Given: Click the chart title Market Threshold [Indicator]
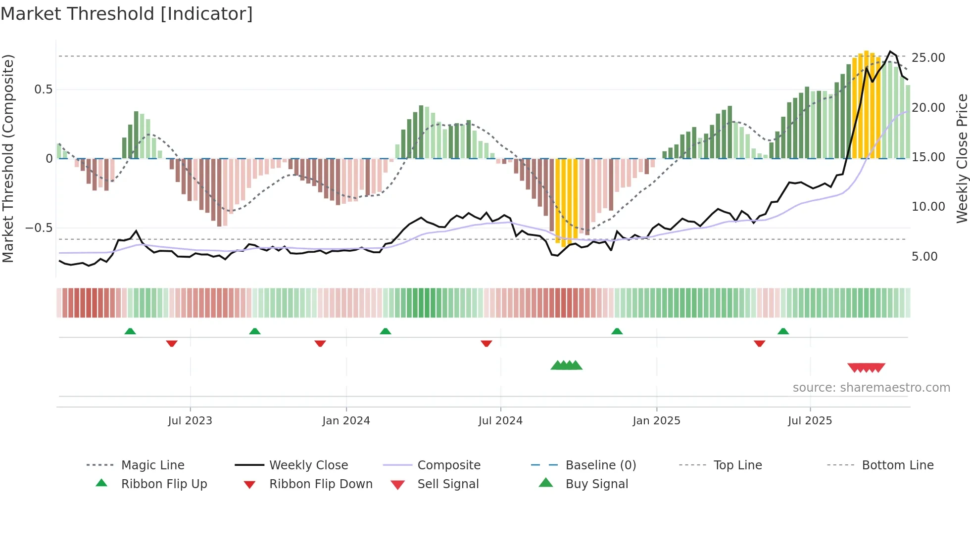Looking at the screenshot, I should tap(127, 14).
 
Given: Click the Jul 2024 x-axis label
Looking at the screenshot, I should tap(500, 421).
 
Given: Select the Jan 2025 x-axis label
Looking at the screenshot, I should tap(656, 421).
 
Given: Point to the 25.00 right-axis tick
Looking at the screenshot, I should tap(928, 58).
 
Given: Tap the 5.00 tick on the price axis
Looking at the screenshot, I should tap(924, 257).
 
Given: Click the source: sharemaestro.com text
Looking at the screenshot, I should tap(871, 388).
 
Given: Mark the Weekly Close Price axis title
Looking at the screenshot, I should tap(962, 158).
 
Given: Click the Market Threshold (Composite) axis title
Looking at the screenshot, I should tap(8, 158).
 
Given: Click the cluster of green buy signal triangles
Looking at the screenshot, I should tap(566, 365).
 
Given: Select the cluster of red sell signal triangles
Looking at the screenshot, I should tap(866, 368).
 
